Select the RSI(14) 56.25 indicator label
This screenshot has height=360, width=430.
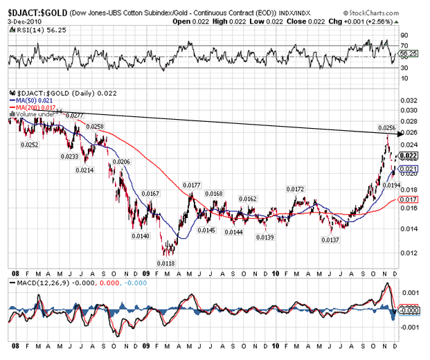[33, 30]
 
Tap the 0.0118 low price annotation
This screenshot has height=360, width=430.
[165, 262]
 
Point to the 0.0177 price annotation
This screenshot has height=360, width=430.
[192, 185]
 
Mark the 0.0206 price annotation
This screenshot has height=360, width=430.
[121, 161]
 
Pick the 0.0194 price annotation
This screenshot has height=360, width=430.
[393, 185]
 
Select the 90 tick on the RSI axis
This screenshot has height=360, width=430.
[404, 35]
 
